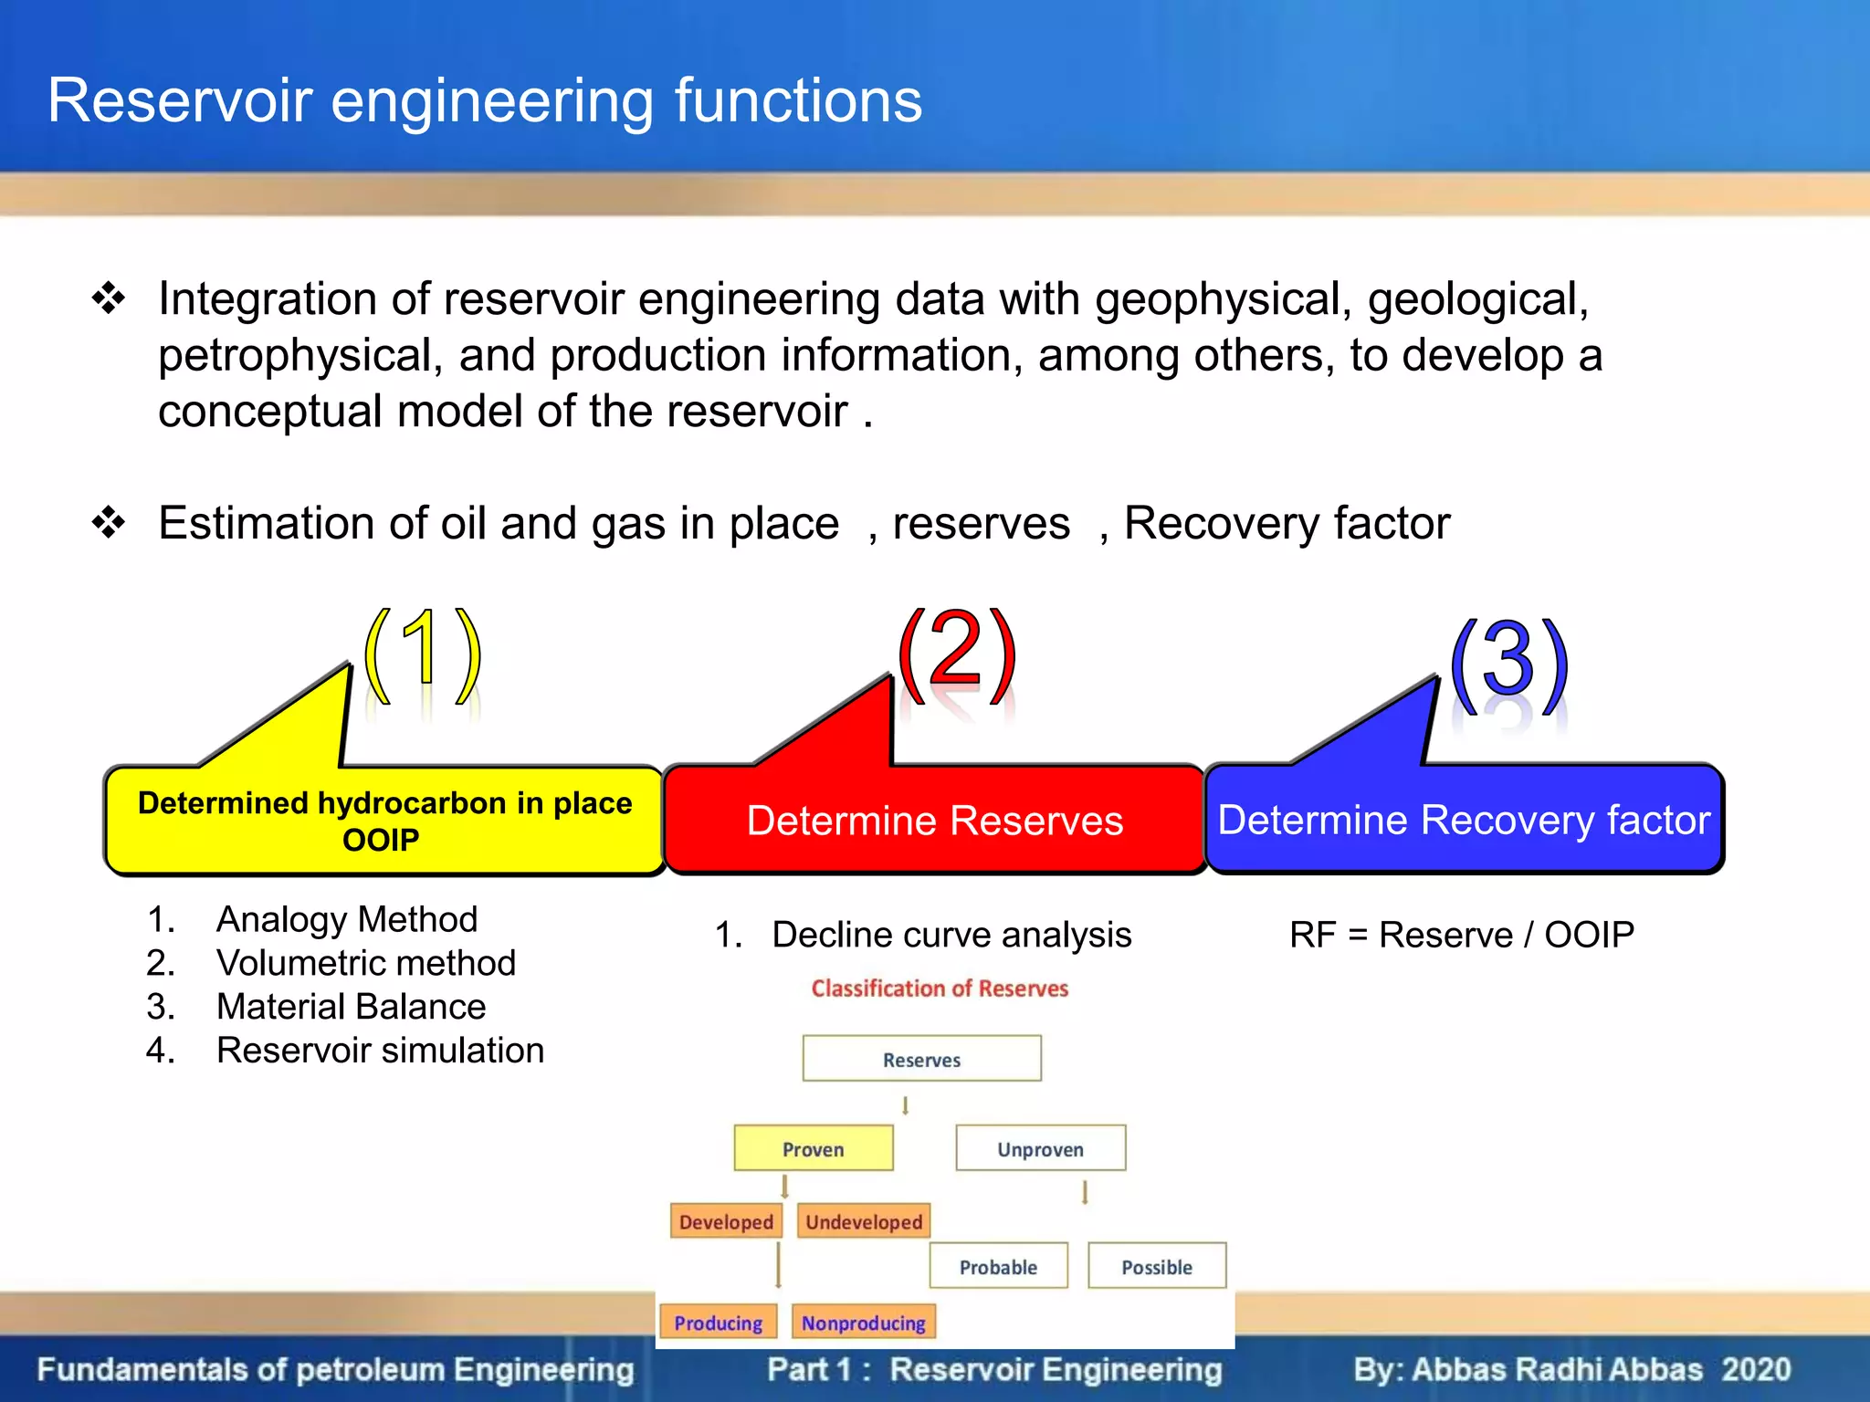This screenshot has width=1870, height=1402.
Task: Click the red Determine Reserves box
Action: pyautogui.click(x=934, y=821)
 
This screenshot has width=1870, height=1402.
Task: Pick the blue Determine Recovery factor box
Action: pyautogui.click(x=1464, y=820)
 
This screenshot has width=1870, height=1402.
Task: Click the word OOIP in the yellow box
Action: pyautogui.click(x=381, y=840)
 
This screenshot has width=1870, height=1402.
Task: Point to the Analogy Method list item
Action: pyautogui.click(x=346, y=919)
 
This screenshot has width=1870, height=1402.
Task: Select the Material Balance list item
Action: pyautogui.click(x=351, y=1007)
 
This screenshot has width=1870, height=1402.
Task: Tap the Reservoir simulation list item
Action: pyautogui.click(x=380, y=1051)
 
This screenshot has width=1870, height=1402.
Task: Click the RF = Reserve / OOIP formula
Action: pyautogui.click(x=1461, y=935)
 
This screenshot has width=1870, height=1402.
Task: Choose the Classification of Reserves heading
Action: pyautogui.click(x=940, y=989)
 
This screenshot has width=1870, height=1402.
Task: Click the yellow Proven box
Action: pyautogui.click(x=813, y=1149)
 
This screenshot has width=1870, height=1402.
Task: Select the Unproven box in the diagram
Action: pyautogui.click(x=1040, y=1149)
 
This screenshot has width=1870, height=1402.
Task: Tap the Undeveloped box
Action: pyautogui.click(x=864, y=1221)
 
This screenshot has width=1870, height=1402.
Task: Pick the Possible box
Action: pyautogui.click(x=1156, y=1267)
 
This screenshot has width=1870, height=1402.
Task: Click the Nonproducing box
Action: pyautogui.click(x=863, y=1323)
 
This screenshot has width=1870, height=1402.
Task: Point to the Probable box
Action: pyautogui.click(x=998, y=1267)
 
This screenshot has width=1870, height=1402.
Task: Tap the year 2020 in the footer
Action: pyautogui.click(x=1756, y=1369)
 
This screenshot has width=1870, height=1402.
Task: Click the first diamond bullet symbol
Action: pyautogui.click(x=109, y=298)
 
